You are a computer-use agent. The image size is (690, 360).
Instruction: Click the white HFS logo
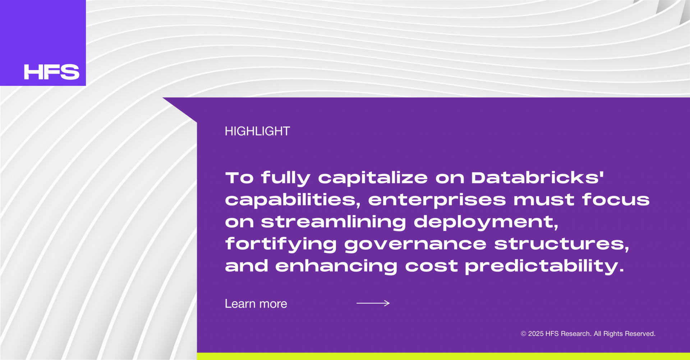point(51,72)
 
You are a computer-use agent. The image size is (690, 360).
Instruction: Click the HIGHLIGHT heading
point(257,131)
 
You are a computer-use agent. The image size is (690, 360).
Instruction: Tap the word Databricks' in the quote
point(537,177)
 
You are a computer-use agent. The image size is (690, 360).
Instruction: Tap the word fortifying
point(281,244)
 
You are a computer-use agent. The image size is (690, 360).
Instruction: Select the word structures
point(562,244)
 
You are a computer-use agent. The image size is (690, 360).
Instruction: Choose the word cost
point(431,266)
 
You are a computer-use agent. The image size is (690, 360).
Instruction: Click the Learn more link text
point(256,304)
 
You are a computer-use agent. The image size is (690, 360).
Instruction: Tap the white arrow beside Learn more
point(373,303)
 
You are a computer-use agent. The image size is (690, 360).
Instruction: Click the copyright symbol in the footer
point(524,334)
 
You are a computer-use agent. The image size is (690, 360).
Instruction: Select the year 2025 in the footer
point(536,334)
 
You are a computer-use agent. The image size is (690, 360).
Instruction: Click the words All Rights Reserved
point(625,334)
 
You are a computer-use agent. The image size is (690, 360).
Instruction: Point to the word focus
point(616,200)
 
